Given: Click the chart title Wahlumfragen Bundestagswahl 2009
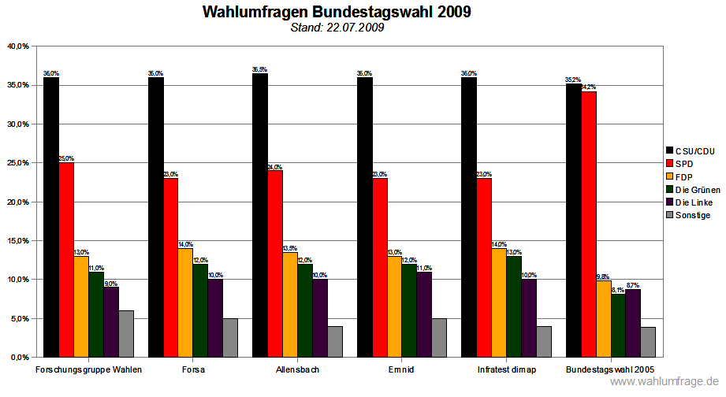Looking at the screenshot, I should tap(337, 13).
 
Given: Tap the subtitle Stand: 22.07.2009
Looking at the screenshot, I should tap(337, 28).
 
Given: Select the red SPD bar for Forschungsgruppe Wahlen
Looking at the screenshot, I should tap(66, 260).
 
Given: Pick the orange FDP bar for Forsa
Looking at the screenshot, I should tap(185, 302).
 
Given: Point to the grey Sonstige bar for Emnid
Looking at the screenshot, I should tap(439, 338).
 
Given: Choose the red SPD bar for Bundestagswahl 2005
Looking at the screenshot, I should tap(589, 224).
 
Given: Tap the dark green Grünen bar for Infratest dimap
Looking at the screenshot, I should tap(514, 306).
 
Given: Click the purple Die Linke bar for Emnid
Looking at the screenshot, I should tap(424, 314).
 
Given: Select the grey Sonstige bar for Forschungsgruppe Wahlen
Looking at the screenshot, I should tap(126, 334).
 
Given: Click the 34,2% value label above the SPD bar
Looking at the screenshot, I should tap(589, 87).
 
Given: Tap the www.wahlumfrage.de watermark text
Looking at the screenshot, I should tap(666, 382).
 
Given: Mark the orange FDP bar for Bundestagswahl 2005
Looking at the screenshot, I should tap(604, 319).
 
